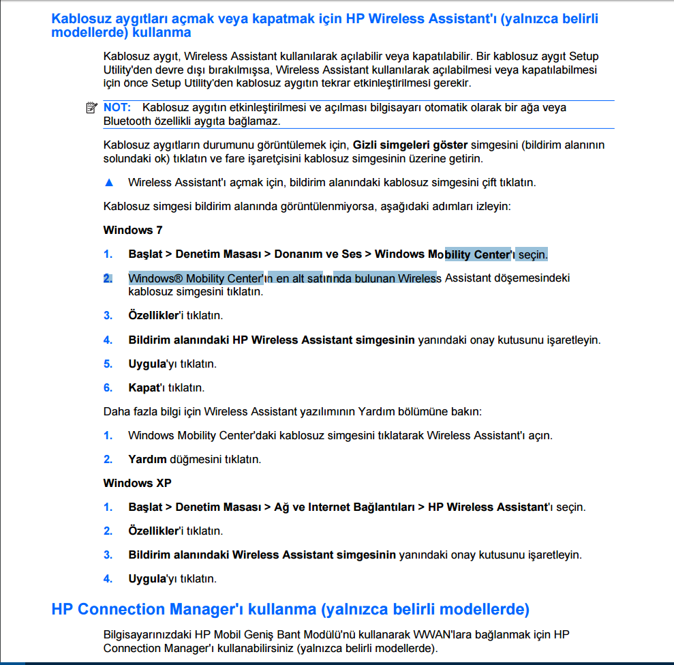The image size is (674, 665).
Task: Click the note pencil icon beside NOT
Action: click(92, 108)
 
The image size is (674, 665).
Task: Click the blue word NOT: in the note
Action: click(118, 108)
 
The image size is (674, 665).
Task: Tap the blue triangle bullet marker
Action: click(108, 183)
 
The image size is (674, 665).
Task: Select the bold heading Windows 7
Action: click(133, 231)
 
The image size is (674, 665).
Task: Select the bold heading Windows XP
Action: click(137, 483)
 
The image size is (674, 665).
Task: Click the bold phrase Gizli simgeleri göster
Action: click(410, 145)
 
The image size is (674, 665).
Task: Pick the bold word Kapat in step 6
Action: click(142, 387)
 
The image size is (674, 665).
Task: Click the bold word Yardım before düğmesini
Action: click(147, 459)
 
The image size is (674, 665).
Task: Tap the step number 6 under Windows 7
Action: click(108, 387)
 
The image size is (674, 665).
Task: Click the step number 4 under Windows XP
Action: click(108, 578)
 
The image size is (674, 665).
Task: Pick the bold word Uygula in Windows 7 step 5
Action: click(147, 364)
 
